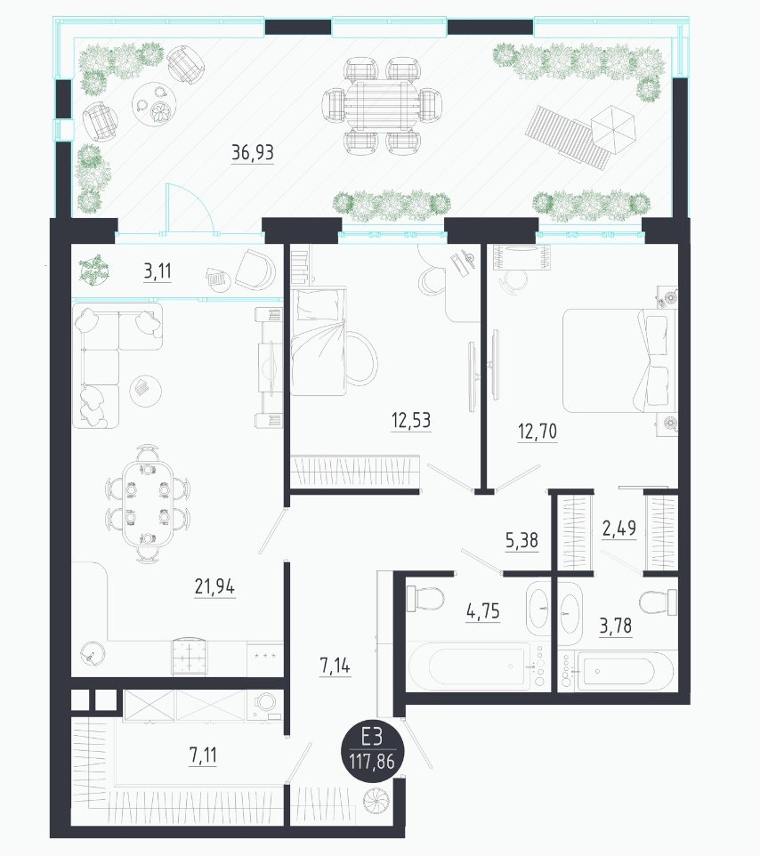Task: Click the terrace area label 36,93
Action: click(x=252, y=152)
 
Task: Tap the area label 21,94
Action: click(x=214, y=587)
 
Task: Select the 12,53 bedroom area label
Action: click(x=411, y=420)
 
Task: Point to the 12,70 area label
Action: click(x=538, y=432)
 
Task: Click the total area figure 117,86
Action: click(x=372, y=761)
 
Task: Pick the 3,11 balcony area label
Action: click(x=158, y=271)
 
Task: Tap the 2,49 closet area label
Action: click(x=619, y=529)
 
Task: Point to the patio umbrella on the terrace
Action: click(x=613, y=130)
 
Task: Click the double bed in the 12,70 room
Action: click(x=619, y=360)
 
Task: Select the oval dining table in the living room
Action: click(x=148, y=504)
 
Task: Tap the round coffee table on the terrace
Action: click(x=156, y=104)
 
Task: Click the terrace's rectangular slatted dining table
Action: click(x=382, y=106)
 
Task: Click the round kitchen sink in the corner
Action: click(x=92, y=652)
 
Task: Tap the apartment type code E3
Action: click(x=372, y=738)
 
